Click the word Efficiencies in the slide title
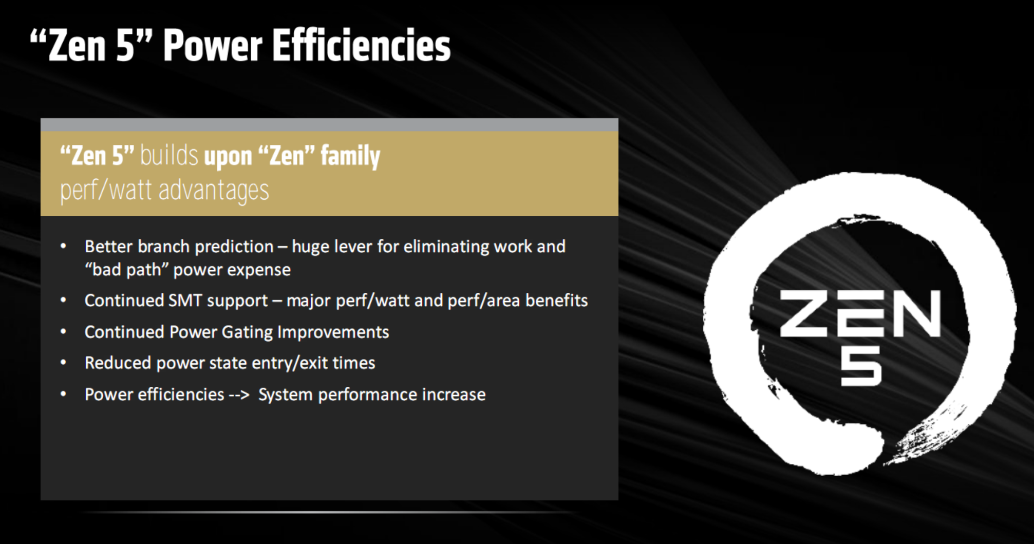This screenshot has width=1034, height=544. tap(361, 46)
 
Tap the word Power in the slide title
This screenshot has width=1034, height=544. tap(213, 46)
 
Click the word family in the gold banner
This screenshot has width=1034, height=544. tap(350, 156)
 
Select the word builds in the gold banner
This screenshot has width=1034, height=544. tap(169, 155)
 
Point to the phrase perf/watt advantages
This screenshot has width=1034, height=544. tap(164, 191)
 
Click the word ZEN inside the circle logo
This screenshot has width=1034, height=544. tap(860, 313)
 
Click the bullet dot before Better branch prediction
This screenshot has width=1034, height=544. tap(63, 246)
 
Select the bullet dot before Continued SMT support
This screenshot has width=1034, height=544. tap(63, 300)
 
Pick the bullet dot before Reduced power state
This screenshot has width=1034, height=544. tap(63, 363)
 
